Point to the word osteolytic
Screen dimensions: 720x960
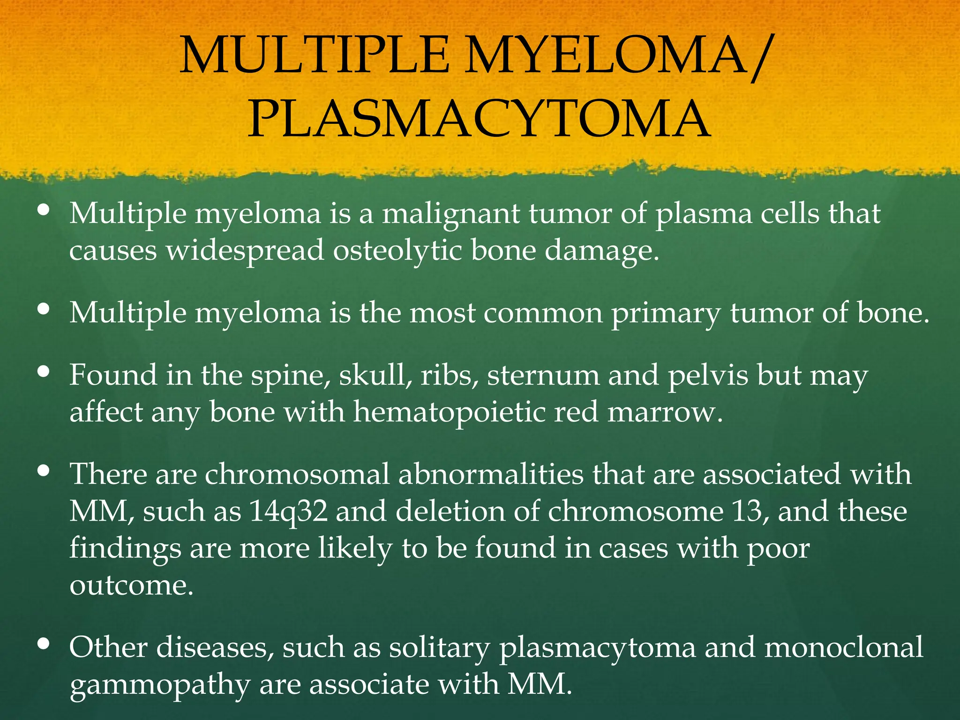click(397, 250)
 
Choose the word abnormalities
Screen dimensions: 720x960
click(491, 474)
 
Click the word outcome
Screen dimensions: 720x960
click(131, 585)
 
